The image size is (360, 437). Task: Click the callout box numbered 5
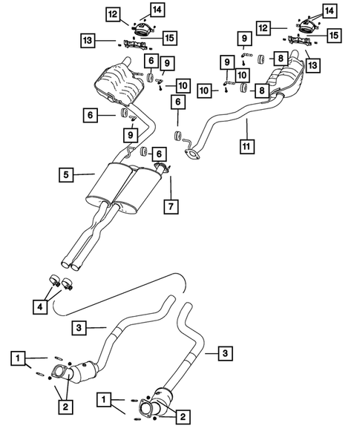click(x=68, y=175)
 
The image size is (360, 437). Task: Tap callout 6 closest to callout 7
click(x=157, y=154)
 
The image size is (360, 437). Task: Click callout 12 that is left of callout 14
click(x=111, y=13)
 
